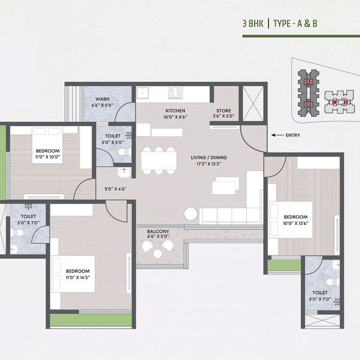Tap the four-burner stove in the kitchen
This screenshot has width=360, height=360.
click(x=175, y=93)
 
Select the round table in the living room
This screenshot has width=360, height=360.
click(x=190, y=213)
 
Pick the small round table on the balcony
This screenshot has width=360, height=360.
click(x=158, y=253)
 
